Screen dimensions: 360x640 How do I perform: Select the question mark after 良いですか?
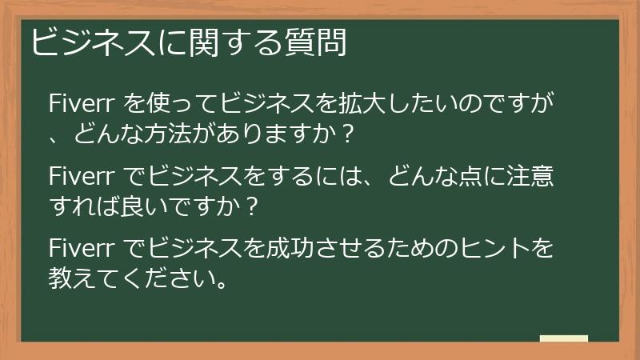[x=252, y=206]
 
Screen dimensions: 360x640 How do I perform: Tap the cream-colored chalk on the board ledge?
[x=564, y=338]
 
